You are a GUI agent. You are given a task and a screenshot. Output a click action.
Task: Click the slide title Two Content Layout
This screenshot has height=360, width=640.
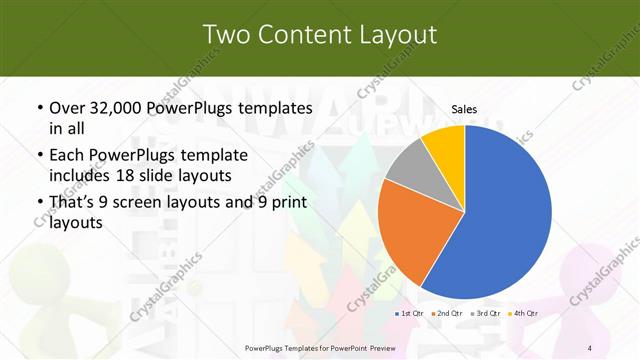pos(320,35)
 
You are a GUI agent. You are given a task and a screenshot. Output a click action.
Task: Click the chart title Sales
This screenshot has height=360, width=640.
pos(464,108)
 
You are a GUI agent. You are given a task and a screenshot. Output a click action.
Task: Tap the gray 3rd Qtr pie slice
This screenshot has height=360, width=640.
pos(409,166)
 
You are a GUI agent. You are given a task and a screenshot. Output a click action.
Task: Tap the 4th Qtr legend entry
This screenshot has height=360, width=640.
pos(525,314)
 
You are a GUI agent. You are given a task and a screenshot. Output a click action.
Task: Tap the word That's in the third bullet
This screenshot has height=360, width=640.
pos(73,203)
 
